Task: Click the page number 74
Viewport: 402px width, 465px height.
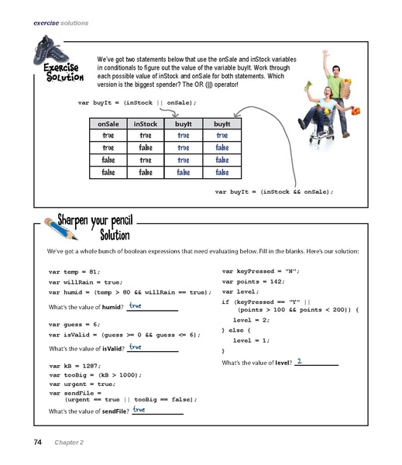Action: click(37, 442)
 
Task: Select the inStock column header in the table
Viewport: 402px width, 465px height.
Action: click(146, 123)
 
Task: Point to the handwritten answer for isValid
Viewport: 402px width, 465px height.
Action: click(136, 347)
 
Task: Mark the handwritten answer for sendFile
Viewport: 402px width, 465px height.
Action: click(139, 409)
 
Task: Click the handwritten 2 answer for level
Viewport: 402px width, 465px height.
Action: click(299, 360)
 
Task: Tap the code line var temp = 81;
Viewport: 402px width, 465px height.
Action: click(74, 273)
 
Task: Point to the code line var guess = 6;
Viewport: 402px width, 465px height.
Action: click(74, 325)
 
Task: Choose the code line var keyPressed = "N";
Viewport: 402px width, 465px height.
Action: click(260, 271)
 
